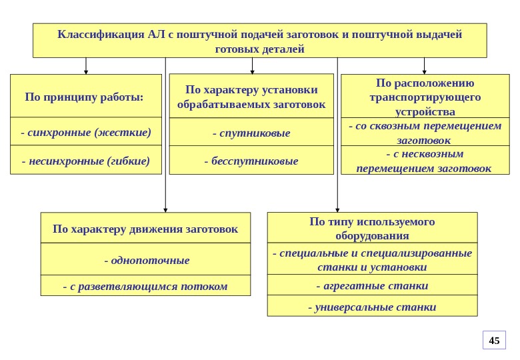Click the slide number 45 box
494,341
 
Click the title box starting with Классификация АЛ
260,41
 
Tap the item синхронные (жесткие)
86,132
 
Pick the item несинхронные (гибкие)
86,161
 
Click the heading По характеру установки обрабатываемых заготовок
251,97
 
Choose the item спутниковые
251,133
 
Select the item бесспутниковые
251,161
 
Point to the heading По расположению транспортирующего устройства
425,97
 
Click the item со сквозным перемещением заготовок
425,133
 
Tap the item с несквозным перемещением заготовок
425,161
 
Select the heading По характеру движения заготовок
145,229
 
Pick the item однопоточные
145,260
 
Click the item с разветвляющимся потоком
145,286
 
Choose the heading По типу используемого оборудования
372,228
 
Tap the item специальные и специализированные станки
372,260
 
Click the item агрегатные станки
372,285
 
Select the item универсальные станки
372,307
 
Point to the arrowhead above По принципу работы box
86,71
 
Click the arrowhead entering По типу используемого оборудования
338,209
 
